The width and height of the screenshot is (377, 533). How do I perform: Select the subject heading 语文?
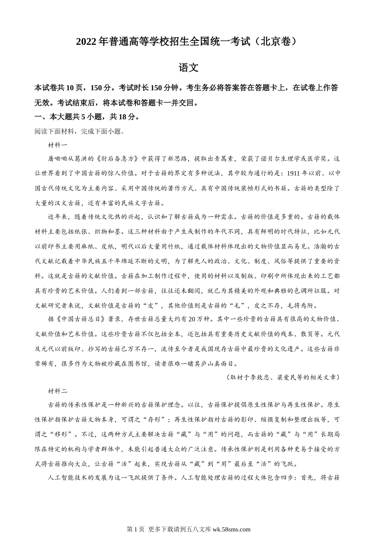tap(188, 68)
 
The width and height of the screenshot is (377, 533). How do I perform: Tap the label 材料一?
tap(58, 145)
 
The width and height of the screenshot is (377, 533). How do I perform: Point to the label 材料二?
tap(58, 391)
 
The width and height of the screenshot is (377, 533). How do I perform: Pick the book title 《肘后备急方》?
tap(119, 159)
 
